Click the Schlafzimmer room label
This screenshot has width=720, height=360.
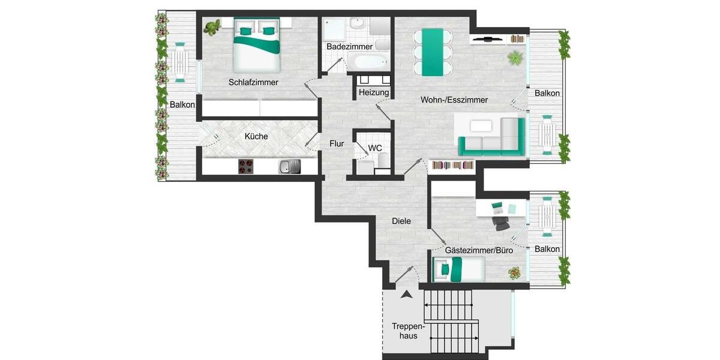[x=253, y=82]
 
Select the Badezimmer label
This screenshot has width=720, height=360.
[x=349, y=46]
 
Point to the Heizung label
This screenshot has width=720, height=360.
[x=374, y=93]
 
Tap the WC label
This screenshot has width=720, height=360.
[x=375, y=148]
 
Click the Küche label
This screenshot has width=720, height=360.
[x=256, y=136]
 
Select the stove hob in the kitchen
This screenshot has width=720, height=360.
[x=247, y=166]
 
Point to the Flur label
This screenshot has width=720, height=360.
[x=337, y=144]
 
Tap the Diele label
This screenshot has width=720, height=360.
[x=401, y=221]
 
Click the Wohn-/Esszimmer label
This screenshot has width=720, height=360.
[x=454, y=100]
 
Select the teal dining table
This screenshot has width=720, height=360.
[x=432, y=52]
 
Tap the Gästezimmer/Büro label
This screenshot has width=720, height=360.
[x=479, y=250]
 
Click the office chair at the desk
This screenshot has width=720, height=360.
[x=501, y=223]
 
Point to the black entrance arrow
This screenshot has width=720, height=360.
[x=407, y=294]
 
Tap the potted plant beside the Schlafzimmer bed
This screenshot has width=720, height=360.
[x=212, y=27]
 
